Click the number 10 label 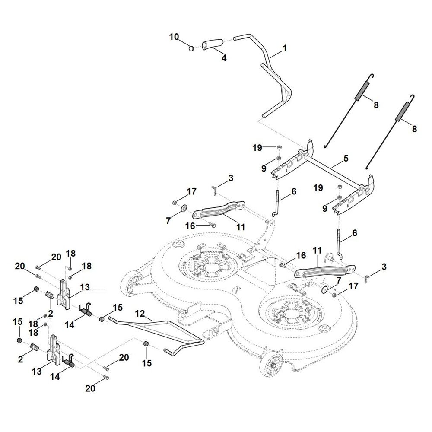coord(174,37)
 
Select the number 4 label coord(223,57)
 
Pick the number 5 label coord(346,159)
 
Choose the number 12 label coord(139,314)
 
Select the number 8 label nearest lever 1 coord(376,105)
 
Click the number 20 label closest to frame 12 coord(124,357)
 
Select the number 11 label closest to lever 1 coord(241,227)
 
